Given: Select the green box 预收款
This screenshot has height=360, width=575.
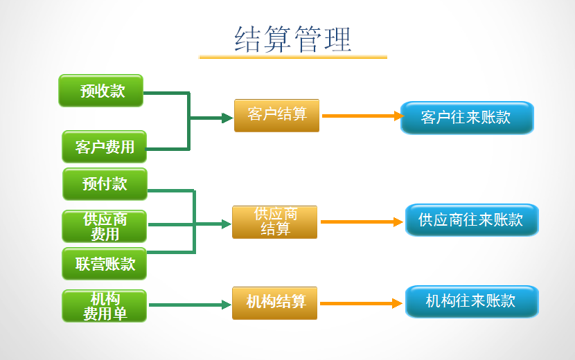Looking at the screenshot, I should click(x=101, y=91).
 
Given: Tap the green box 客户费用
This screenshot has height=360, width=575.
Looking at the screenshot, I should click(x=105, y=146).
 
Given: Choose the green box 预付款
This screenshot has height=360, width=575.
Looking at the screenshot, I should click(x=105, y=183).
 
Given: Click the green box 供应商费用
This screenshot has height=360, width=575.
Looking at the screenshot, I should click(x=105, y=226).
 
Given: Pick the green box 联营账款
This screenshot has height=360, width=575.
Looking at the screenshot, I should click(x=105, y=264).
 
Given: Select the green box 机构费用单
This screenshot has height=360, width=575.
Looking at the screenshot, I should click(x=105, y=305).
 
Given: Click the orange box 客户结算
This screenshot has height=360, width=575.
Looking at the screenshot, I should click(x=276, y=115).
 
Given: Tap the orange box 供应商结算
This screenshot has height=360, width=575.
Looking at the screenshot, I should click(x=274, y=222).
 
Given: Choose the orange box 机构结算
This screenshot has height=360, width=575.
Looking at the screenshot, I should click(x=274, y=303).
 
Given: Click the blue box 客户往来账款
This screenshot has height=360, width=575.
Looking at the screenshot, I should click(x=466, y=118).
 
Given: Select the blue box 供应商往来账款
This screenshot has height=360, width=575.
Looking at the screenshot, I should click(x=471, y=220).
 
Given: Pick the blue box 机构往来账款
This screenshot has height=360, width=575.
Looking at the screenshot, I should click(x=471, y=301).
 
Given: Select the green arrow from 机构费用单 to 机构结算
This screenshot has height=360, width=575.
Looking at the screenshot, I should click(x=188, y=305).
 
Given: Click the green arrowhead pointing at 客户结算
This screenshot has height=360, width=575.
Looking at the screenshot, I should click(x=227, y=118).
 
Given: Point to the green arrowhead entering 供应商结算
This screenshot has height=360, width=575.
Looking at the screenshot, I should click(x=226, y=224).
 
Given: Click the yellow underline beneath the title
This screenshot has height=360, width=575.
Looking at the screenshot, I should click(x=293, y=57).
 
